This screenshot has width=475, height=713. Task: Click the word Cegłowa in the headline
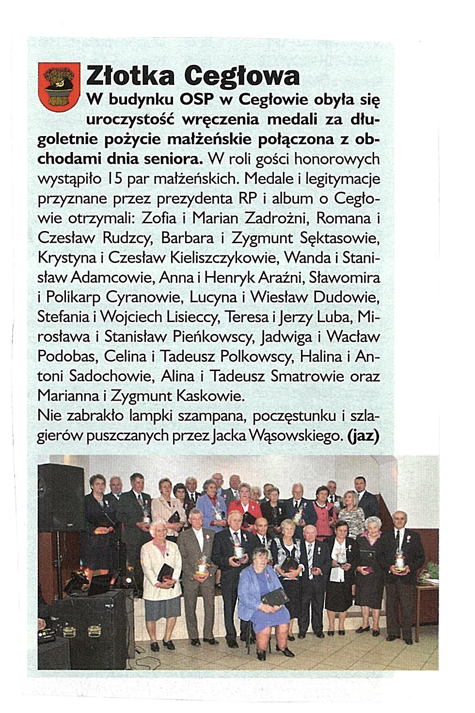[242, 76]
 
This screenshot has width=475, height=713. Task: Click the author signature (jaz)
[363, 436]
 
